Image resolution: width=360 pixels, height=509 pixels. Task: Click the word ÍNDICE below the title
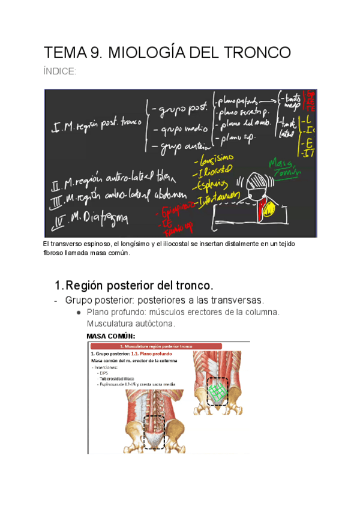[60, 72]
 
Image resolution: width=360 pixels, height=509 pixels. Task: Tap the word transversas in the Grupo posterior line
[240, 300]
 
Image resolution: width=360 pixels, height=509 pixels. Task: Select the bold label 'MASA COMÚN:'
[111, 336]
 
